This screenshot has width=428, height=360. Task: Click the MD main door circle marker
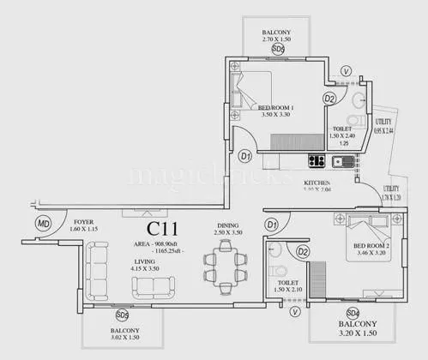43,224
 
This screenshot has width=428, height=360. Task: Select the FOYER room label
84,225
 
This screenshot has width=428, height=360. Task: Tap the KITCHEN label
317,183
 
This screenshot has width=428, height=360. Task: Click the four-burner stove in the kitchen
316,159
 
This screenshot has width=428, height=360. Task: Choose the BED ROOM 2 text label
371,249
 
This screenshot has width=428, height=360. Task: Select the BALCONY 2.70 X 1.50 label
278,33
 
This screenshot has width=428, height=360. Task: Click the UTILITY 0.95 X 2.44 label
383,126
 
